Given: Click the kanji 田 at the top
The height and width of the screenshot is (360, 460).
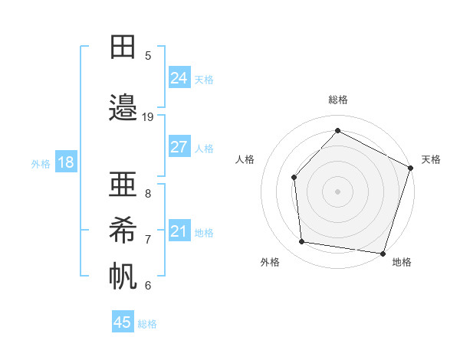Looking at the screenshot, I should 123,47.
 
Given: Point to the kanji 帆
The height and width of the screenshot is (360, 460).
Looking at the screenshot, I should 123,277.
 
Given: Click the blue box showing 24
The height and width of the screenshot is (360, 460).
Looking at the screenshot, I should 179,78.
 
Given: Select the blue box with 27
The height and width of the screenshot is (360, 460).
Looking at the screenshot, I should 179,147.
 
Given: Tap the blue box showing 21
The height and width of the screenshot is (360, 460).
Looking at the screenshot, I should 179,231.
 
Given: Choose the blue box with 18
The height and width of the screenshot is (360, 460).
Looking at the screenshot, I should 65,162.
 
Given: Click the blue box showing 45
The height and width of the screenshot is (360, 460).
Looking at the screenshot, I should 123,322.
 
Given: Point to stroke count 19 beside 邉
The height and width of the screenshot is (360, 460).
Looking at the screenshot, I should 148,117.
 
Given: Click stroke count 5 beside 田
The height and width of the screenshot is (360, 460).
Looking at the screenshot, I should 148,55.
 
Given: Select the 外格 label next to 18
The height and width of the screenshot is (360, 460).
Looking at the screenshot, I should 40,163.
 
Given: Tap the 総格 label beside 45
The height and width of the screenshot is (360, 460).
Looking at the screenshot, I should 147,324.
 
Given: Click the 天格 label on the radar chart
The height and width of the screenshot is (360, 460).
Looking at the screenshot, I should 431,159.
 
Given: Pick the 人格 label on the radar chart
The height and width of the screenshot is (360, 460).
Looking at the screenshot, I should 245,159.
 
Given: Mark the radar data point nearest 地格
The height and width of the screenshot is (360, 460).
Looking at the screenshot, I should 383,253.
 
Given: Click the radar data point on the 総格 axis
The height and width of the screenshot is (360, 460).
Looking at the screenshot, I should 337,130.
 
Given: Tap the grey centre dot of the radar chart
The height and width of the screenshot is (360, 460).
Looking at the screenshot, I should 337,191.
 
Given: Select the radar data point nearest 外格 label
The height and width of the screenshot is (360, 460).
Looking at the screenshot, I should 302,242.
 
